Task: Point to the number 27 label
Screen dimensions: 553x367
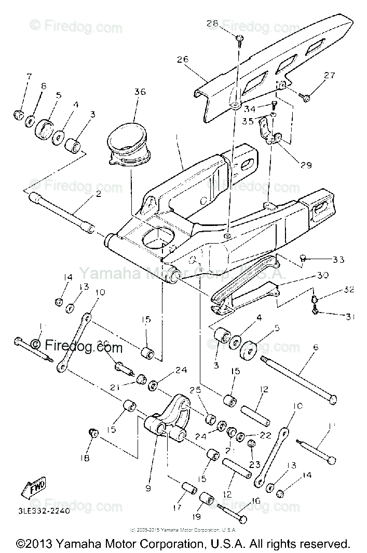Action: point(330,76)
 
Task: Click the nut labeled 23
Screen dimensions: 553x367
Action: point(251,444)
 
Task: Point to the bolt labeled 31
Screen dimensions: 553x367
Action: point(316,313)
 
